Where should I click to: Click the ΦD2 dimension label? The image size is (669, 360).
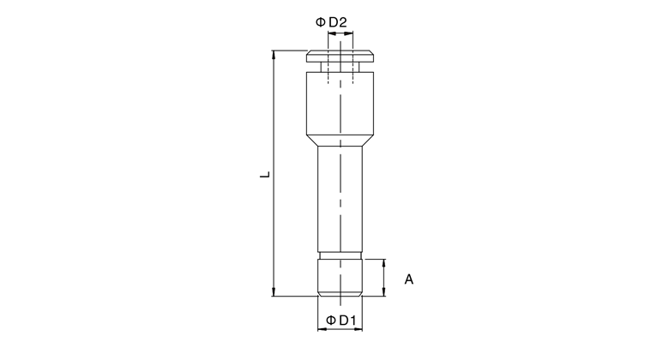coord(331,22)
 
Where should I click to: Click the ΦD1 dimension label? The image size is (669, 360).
coord(341,320)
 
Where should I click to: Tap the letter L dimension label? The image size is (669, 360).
coord(265,175)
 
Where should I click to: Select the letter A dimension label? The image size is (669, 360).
coord(409,279)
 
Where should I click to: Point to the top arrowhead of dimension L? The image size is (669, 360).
coord(274,54)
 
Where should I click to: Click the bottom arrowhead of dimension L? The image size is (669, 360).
coord(274,292)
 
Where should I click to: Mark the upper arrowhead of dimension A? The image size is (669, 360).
coord(384,263)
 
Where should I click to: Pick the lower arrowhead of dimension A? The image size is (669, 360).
coord(384,292)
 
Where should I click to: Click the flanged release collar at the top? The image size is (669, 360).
coord(340,57)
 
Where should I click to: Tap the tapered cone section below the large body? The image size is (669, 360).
coord(340,141)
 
